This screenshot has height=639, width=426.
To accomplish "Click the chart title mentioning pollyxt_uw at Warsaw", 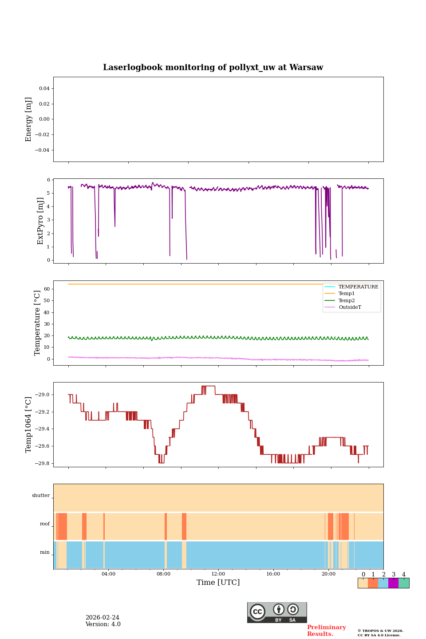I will pyautogui.click(x=213, y=67).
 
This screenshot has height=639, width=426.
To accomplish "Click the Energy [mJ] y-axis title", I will pyautogui.click(x=29, y=119).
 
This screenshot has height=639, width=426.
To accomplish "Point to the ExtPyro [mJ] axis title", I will pyautogui.click(x=40, y=221).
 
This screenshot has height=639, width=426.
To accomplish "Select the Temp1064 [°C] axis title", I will pyautogui.click(x=29, y=425).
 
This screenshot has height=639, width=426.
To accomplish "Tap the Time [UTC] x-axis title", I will pyautogui.click(x=218, y=582).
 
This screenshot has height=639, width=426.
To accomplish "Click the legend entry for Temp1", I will pyautogui.click(x=347, y=294).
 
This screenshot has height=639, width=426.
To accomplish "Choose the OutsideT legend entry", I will pyautogui.click(x=350, y=307).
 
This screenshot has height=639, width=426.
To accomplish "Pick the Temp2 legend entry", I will pyautogui.click(x=347, y=300).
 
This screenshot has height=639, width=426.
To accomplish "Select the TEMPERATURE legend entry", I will pyautogui.click(x=358, y=287).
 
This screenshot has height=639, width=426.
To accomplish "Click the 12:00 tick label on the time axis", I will pyautogui.click(x=218, y=574).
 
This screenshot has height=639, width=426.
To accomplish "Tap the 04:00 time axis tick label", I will pyautogui.click(x=108, y=574).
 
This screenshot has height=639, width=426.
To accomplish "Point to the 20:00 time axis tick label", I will pyautogui.click(x=328, y=574).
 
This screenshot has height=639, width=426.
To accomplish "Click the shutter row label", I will pyautogui.click(x=41, y=496).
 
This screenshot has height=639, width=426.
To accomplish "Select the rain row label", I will pyautogui.click(x=45, y=552).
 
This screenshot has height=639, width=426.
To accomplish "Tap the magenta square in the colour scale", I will pyautogui.click(x=393, y=583).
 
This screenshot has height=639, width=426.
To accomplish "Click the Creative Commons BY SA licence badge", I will pyautogui.click(x=277, y=612).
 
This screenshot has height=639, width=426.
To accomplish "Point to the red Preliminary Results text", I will pyautogui.click(x=326, y=631).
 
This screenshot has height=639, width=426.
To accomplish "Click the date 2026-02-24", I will pyautogui.click(x=102, y=618).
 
